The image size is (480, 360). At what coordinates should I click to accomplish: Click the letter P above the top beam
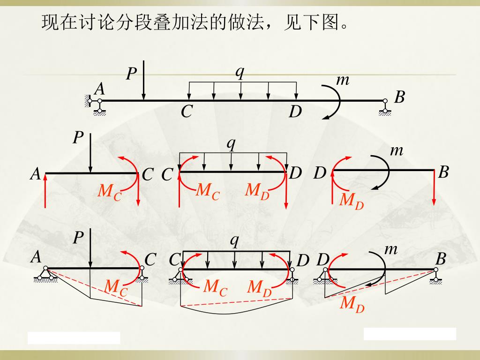coord(132,74)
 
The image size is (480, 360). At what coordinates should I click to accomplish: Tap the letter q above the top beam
coord(240,72)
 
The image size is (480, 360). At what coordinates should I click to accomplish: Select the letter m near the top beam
coord(343,81)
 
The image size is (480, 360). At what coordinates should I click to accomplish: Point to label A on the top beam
coord(99,89)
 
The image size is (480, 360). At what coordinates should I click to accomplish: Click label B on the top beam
coord(399,97)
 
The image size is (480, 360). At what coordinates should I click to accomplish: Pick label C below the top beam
coord(187,112)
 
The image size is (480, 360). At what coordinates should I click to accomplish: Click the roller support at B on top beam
coord(385,107)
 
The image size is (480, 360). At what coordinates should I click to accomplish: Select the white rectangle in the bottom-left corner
coord(74,338)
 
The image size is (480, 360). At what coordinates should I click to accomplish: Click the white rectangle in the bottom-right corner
coord(410,334)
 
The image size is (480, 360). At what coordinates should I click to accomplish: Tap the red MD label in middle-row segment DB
coord(352,200)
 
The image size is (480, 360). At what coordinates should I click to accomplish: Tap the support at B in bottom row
coord(436,275)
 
